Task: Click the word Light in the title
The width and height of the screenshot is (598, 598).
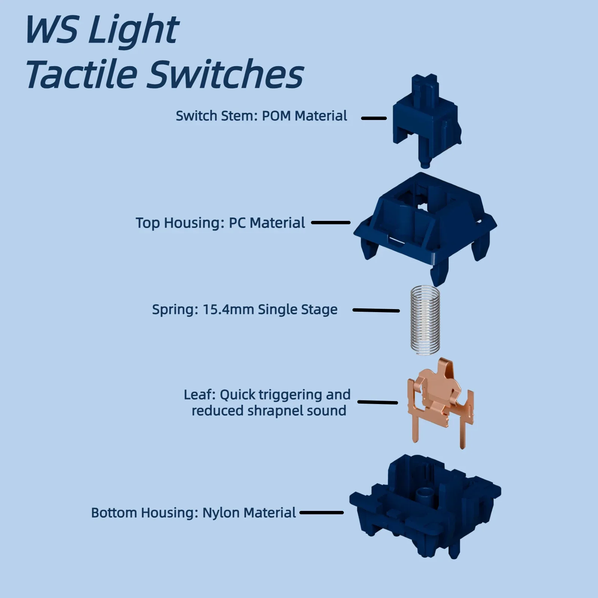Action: [134, 30]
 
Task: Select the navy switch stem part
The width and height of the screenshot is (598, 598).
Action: [426, 120]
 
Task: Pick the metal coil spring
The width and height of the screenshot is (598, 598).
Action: [425, 320]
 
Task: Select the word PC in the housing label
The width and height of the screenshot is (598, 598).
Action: [237, 223]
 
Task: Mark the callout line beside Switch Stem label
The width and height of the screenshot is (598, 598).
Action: [374, 118]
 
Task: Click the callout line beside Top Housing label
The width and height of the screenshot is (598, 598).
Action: [331, 222]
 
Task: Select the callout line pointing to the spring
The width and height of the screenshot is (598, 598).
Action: [376, 310]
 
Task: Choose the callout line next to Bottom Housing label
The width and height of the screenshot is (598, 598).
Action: [321, 512]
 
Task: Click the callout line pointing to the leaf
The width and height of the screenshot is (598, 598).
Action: [377, 402]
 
